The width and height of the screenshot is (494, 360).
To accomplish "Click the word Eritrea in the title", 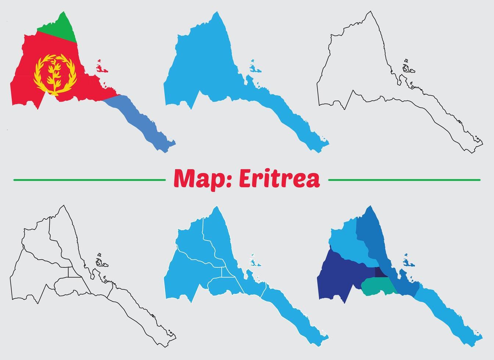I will click(x=279, y=179).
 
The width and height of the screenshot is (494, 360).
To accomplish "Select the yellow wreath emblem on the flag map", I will click(x=55, y=74).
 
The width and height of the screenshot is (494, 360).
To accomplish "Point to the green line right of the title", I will click(x=404, y=180).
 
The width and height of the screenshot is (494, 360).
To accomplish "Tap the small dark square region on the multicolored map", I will click(x=380, y=272).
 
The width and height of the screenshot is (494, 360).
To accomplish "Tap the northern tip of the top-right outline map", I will click(x=370, y=12).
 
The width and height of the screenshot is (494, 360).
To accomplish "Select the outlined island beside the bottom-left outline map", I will click(x=100, y=262).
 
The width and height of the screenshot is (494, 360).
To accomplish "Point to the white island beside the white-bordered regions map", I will click(x=254, y=262).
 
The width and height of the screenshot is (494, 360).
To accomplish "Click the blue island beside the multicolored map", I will click(x=408, y=262).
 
